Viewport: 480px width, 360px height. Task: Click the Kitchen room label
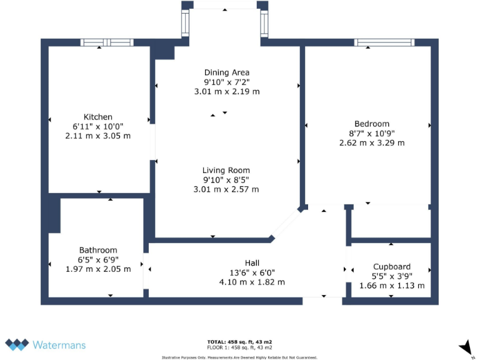tap(98, 117)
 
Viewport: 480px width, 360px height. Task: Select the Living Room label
tap(226, 170)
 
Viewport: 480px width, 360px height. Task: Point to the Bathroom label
tap(98, 250)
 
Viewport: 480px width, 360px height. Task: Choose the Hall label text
tap(252, 262)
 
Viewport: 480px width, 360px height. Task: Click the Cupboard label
tap(392, 266)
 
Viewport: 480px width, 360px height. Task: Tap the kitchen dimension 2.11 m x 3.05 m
tap(98, 136)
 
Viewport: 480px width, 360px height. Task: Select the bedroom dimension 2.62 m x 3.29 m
tap(371, 142)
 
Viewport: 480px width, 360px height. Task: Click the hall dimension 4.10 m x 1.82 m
tap(252, 282)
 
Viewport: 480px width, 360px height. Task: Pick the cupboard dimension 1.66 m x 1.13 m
tap(392, 286)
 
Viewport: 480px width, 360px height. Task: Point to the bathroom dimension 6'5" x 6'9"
tap(98, 259)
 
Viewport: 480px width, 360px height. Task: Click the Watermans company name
tap(59, 344)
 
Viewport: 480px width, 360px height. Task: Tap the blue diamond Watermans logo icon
tap(17, 344)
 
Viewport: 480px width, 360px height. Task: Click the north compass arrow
tap(466, 347)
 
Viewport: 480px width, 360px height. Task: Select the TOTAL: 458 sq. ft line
tap(239, 342)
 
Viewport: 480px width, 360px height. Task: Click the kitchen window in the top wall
tap(107, 42)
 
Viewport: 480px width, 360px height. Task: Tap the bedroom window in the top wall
tap(384, 42)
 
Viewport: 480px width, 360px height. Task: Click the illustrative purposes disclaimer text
tap(239, 357)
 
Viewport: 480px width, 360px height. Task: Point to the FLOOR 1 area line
tap(239, 347)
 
